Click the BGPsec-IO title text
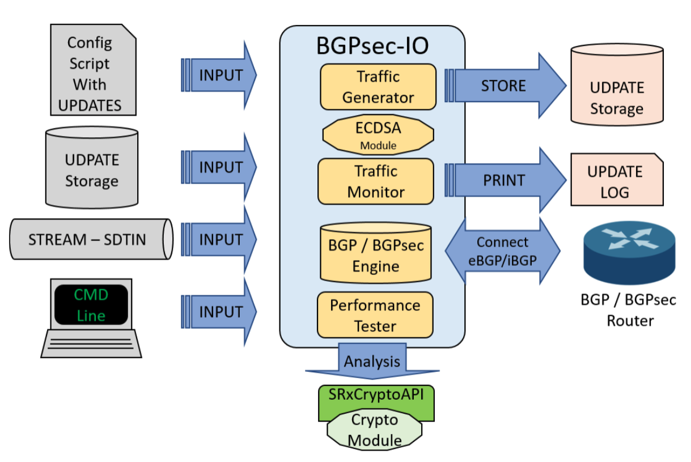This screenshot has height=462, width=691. pyautogui.click(x=372, y=46)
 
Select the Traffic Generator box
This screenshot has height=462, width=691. pyautogui.click(x=378, y=87)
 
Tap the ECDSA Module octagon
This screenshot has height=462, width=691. pyautogui.click(x=378, y=134)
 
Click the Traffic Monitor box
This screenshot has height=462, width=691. pyautogui.click(x=376, y=181)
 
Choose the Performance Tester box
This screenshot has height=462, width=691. pyautogui.click(x=375, y=315)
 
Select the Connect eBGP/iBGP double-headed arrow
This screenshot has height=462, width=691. pyautogui.click(x=502, y=251)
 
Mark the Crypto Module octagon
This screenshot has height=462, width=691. pyautogui.click(x=374, y=430)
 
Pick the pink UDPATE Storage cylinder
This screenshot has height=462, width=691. pyautogui.click(x=617, y=87)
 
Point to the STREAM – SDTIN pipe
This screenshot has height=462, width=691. pyautogui.click(x=91, y=240)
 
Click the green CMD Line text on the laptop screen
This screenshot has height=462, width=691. pyautogui.click(x=91, y=305)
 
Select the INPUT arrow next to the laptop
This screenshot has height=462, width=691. pyautogui.click(x=219, y=312)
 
